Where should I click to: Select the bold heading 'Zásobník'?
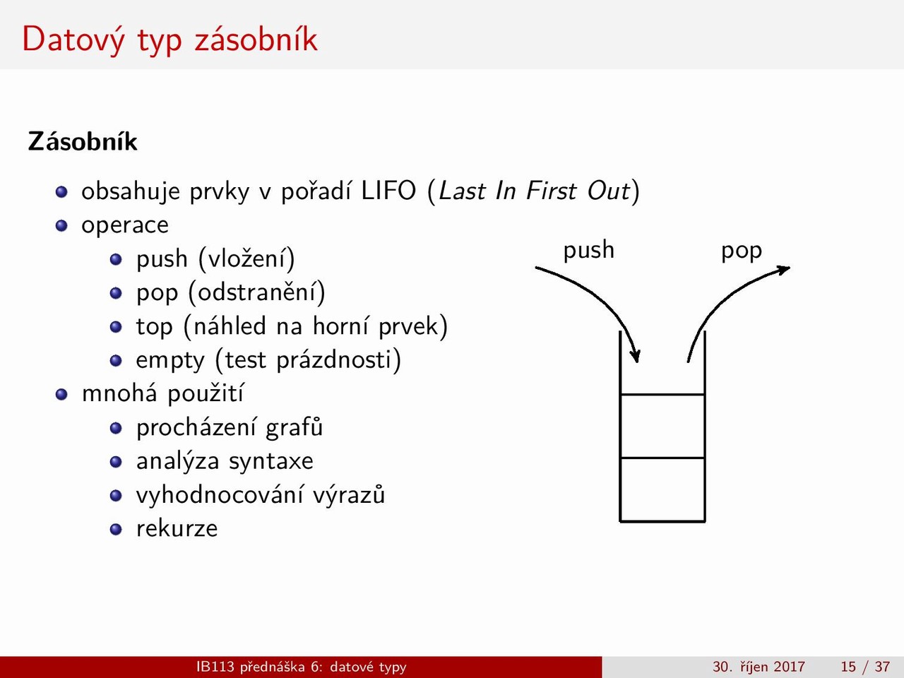pos(83,142)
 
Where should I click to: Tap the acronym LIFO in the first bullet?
pos(388,191)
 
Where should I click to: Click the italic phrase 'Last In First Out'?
pos(534,191)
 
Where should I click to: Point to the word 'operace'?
pos(125,225)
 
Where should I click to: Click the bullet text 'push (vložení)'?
pos(215,259)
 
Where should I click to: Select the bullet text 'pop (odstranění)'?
pos(231,293)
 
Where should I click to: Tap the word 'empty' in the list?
pos(170,361)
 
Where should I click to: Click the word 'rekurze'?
pos(177,528)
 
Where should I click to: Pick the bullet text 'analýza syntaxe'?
pos(225,461)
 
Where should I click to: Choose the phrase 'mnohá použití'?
pos(162,394)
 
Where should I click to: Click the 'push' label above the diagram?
pos(588,251)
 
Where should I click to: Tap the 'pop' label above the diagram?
pos(742,251)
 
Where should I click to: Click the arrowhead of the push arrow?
pos(636,357)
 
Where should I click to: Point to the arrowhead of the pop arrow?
pos(784,269)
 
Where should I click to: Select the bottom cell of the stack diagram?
pos(662,489)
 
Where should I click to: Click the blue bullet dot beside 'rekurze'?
pos(116,530)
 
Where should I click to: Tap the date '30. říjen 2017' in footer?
pos(759,667)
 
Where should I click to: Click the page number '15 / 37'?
pos(865,667)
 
